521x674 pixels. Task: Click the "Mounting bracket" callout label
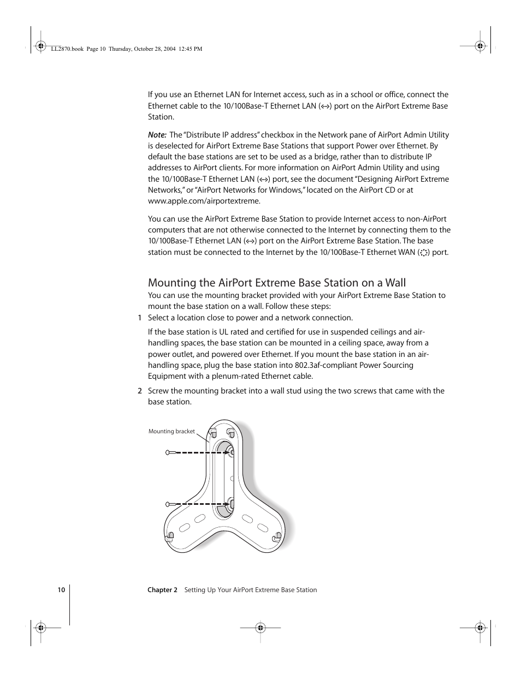coord(171,431)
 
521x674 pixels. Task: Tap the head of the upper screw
coord(169,452)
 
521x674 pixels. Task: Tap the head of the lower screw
coord(169,503)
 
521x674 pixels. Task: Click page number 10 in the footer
coord(61,590)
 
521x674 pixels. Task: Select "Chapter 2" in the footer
coord(162,590)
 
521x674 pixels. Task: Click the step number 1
coord(140,318)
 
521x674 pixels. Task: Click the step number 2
coord(140,391)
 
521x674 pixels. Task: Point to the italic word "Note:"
coord(157,135)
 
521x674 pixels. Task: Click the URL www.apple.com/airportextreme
coord(204,201)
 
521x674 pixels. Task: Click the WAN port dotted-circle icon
coord(424,252)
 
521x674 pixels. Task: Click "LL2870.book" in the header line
coord(66,49)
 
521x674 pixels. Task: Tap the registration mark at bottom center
coord(260,628)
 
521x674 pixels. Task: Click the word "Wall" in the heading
coord(395,283)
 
